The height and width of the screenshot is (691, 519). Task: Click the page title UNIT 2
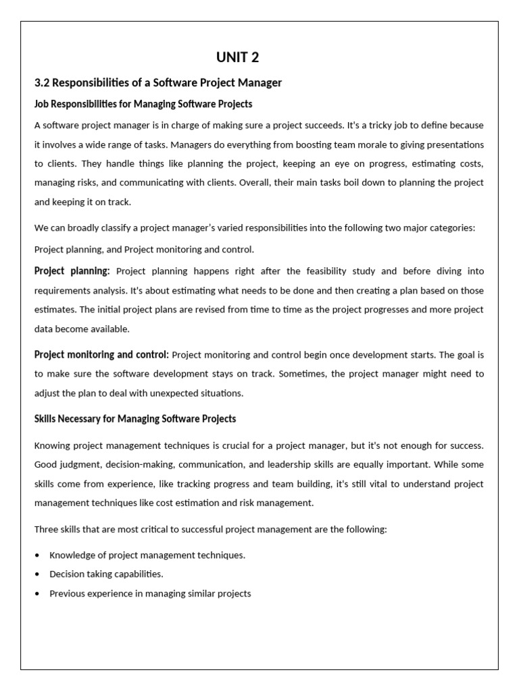pos(237,57)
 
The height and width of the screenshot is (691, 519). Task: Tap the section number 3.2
pos(42,83)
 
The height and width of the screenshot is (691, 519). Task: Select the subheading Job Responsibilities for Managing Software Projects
pos(143,104)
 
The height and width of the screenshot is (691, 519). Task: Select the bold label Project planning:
pos(72,271)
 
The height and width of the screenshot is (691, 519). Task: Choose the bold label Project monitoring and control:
pos(101,354)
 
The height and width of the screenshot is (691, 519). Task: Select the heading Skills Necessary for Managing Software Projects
pos(135,419)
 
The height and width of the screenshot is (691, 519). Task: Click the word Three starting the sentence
pos(46,530)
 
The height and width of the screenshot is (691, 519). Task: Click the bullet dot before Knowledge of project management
pos(37,555)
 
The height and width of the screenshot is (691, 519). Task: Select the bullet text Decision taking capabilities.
pos(106,574)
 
